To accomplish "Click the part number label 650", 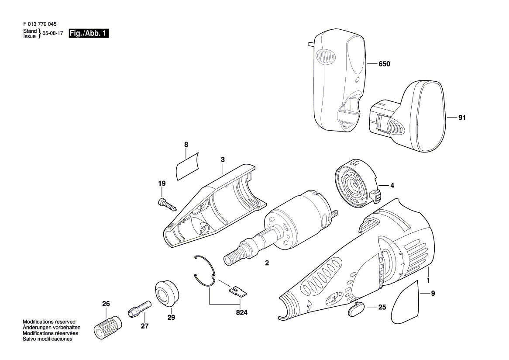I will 384,64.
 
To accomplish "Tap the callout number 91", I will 462,118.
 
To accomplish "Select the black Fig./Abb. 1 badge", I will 89,34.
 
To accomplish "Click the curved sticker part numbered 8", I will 187,166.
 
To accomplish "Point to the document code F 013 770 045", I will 39,24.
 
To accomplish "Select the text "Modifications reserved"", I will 49,322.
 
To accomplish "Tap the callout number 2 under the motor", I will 267,263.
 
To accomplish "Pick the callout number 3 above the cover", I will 223,160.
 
